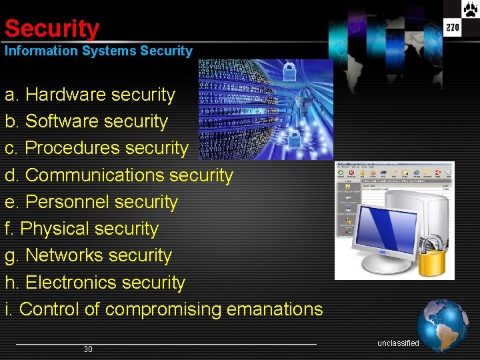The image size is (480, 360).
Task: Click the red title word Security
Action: click(x=51, y=29)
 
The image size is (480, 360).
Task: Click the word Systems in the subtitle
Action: click(x=109, y=51)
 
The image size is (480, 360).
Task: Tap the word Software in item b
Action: click(x=64, y=121)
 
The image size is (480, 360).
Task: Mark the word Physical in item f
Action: click(x=53, y=229)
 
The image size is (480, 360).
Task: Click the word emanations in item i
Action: click(x=275, y=309)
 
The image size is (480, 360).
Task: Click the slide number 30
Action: click(x=88, y=349)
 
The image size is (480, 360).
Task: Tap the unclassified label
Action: click(x=398, y=343)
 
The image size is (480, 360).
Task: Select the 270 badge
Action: click(x=453, y=27)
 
